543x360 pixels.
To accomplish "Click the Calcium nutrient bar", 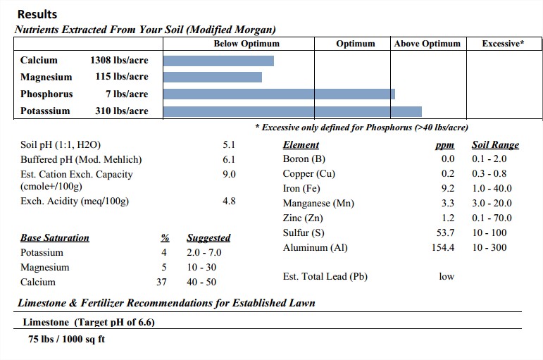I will point(218,61).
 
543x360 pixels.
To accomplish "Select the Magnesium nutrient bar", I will point(213,77).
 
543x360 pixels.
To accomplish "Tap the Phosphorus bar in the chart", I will point(279,94).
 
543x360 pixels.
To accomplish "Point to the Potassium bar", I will point(292,111).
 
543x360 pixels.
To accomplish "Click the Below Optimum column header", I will point(246,44).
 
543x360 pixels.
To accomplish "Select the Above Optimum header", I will point(427,44).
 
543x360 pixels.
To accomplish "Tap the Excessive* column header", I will point(503,44).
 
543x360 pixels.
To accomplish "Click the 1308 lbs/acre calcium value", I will point(119,61).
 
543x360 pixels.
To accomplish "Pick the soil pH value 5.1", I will point(229,145).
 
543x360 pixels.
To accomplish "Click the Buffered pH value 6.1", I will point(229,160).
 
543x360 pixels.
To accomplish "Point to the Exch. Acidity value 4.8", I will point(229,201).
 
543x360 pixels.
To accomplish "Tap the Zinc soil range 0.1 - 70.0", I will point(492,218).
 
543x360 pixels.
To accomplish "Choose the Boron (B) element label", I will point(304,159).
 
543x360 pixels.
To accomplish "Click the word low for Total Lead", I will point(447,277).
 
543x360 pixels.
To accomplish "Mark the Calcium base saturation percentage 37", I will point(161,283).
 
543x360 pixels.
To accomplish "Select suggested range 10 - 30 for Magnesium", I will point(201,268).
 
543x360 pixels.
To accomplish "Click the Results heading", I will point(37,14).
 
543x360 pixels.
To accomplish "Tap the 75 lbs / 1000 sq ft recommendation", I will point(67,339).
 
